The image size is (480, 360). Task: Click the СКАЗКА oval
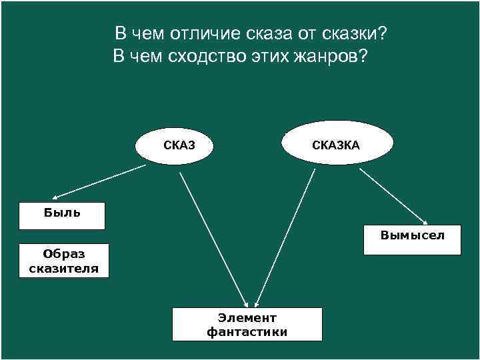(x=337, y=143)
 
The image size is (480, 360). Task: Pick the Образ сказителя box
(x=64, y=261)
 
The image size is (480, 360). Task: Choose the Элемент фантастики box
(x=247, y=325)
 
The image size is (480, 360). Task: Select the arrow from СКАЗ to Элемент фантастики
(x=213, y=237)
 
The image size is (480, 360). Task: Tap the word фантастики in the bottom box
(x=247, y=332)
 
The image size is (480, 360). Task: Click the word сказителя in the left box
(x=64, y=269)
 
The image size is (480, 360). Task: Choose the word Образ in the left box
(x=64, y=253)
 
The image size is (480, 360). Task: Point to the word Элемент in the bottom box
(x=247, y=318)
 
